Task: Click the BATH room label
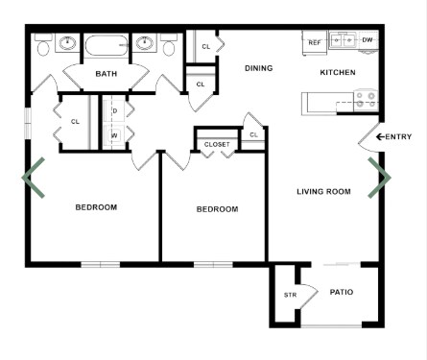click(x=106, y=74)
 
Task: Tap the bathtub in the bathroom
click(x=106, y=45)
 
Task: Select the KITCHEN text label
click(x=338, y=73)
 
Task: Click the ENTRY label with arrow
click(x=393, y=137)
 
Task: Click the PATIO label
click(x=343, y=292)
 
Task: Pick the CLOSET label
click(x=216, y=144)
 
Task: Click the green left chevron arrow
click(x=33, y=178)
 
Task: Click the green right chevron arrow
click(x=381, y=178)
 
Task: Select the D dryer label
click(x=114, y=110)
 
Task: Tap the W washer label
click(x=114, y=135)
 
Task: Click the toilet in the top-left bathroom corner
click(x=44, y=45)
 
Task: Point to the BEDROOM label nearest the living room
click(x=217, y=209)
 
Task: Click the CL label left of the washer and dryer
click(x=75, y=121)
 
